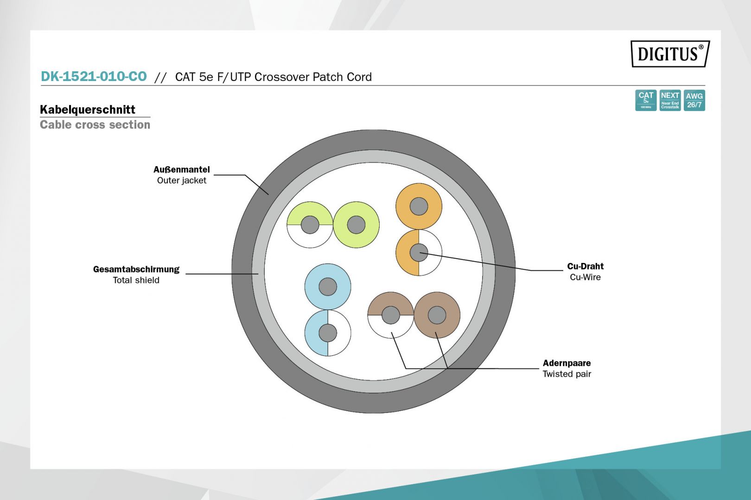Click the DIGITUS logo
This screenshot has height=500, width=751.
669,54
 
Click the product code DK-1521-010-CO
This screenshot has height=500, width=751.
94,76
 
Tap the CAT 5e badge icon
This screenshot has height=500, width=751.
645,100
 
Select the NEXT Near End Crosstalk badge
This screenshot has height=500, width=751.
670,100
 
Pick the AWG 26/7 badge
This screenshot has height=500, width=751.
694,100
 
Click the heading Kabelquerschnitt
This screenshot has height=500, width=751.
88,110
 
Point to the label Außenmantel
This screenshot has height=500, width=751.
182,169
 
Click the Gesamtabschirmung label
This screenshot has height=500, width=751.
136,269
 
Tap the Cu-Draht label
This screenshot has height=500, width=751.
585,266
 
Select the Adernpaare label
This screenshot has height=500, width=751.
566,363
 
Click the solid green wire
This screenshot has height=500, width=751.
356,225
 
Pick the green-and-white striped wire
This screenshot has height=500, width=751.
310,225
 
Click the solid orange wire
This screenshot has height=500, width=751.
419,206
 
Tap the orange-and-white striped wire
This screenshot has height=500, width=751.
419,252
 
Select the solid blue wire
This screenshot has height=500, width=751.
328,287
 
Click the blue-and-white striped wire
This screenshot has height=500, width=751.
328,333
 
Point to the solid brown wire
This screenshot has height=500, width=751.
437,315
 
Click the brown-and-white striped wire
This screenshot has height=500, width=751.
390,315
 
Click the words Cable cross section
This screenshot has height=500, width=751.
95,125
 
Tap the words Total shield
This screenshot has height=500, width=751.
136,280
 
